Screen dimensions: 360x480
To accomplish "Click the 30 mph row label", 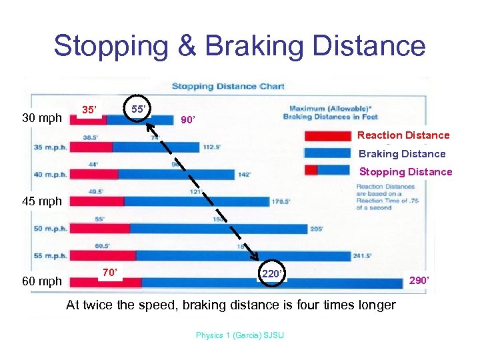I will [x=42, y=119].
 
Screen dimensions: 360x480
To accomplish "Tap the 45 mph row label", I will [x=42, y=201].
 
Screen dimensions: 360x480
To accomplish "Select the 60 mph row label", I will [x=42, y=281].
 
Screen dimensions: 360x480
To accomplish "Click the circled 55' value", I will [x=139, y=109].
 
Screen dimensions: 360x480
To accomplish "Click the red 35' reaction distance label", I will [x=89, y=110].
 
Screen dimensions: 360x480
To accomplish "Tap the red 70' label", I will [x=109, y=272].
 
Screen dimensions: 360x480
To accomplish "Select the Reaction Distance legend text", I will [x=403, y=135].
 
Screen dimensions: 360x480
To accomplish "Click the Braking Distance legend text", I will [x=402, y=154].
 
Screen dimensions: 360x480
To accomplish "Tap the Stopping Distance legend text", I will [x=405, y=172].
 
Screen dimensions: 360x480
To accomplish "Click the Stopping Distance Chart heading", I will [x=228, y=86].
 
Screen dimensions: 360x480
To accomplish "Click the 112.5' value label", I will [x=212, y=147].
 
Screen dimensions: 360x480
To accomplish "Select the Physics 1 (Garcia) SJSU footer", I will [x=239, y=335].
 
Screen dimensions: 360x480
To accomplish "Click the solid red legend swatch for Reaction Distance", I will [x=327, y=136].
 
